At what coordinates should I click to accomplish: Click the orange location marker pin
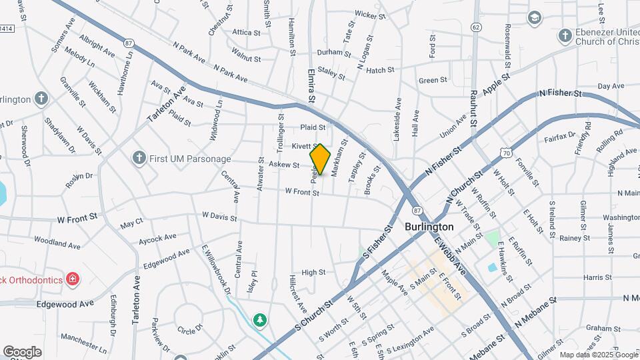320,159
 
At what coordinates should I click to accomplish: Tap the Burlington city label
429,227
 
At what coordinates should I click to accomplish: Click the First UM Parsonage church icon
139,159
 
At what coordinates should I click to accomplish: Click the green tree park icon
260,321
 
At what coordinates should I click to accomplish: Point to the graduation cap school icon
534,18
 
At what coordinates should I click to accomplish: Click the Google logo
22,351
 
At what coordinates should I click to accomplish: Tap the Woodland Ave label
58,241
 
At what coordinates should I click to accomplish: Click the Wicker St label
371,13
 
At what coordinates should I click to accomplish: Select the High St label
313,272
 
